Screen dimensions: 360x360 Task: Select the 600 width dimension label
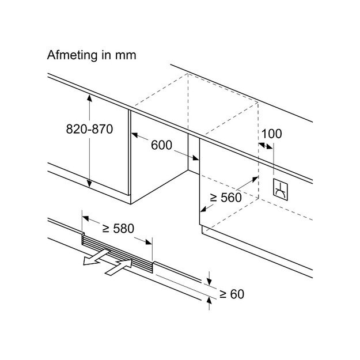coord(161,145)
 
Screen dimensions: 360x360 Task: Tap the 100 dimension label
coord(271,134)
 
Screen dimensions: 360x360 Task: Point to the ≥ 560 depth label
coord(225,197)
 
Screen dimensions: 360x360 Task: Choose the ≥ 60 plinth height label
coord(232,294)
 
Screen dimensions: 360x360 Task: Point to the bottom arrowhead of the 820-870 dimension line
coord(90,183)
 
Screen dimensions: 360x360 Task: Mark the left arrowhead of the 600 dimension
coord(135,137)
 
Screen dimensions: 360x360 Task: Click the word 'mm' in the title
coord(125,56)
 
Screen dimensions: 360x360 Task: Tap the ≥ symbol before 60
coord(222,294)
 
